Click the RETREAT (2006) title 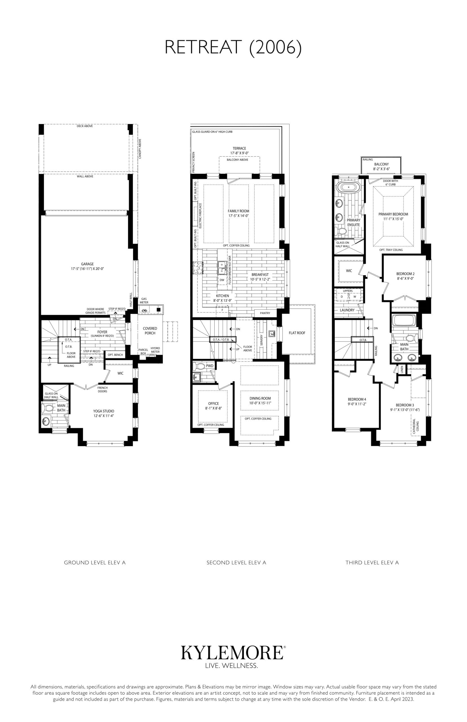(233, 48)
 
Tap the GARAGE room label (87, 264)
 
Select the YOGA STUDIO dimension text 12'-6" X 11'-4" (104, 416)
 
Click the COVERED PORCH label (150, 331)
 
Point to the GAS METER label (144, 301)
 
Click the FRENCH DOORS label (102, 389)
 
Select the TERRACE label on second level (239, 148)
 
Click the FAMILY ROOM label (238, 211)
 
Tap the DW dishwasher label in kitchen (222, 280)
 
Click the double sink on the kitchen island (222, 266)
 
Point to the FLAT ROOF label (297, 333)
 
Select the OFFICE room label (213, 403)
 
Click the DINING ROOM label (260, 399)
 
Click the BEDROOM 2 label (405, 274)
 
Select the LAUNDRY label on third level (347, 310)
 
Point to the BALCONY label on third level (381, 164)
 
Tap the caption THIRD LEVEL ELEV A (372, 562)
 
